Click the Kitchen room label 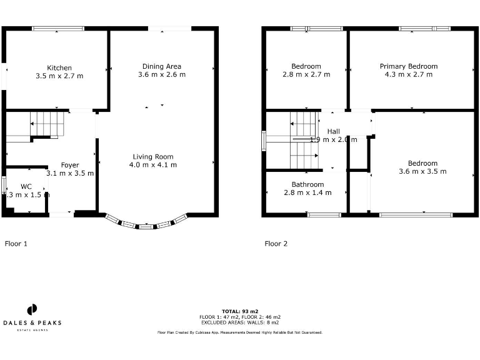[59, 67]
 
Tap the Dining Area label [162, 66]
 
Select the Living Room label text [153, 156]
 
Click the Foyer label [70, 165]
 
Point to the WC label [26, 186]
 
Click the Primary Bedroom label [409, 66]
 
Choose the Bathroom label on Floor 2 [307, 184]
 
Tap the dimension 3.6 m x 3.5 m [422, 171]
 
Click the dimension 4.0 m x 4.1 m [153, 165]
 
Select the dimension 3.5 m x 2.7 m [59, 76]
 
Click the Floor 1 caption [16, 244]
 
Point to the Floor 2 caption [276, 244]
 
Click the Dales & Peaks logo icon [32, 310]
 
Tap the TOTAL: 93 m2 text [240, 311]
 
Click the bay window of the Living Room [146, 225]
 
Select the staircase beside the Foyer [47, 124]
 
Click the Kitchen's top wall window [58, 28]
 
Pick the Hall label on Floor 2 [333, 131]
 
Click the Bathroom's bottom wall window [324, 215]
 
